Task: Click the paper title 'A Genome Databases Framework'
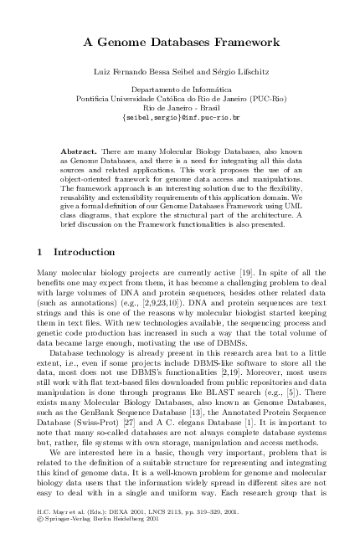181,41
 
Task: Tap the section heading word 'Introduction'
85,252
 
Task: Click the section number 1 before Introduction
42,252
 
